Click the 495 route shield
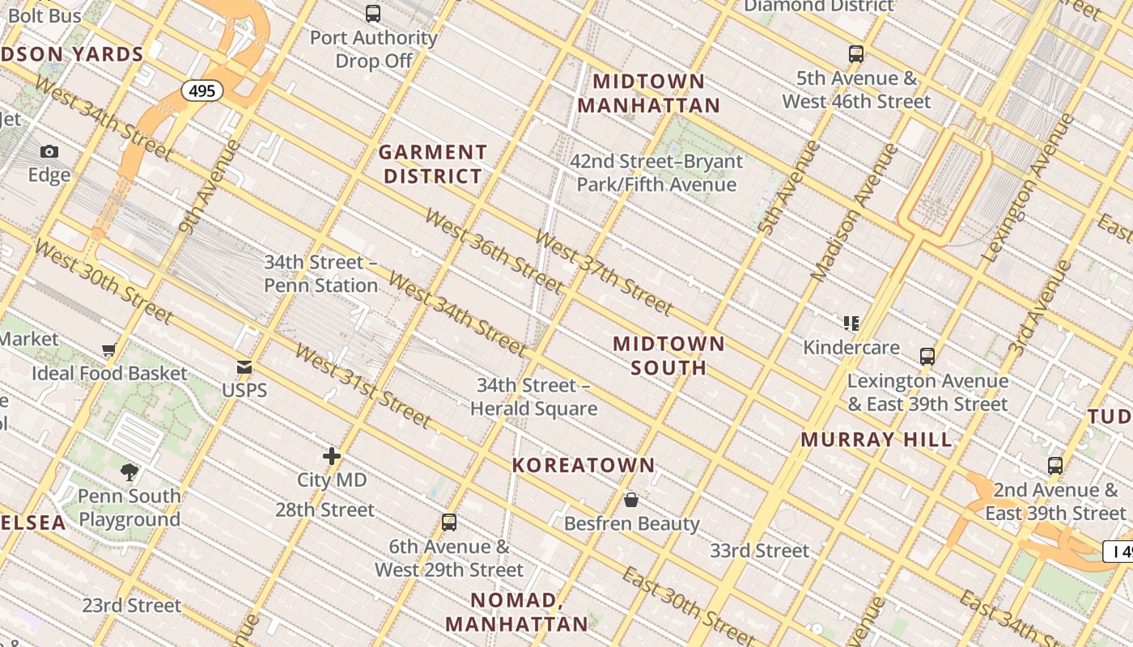click(202, 91)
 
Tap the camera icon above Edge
click(49, 151)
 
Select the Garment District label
click(433, 164)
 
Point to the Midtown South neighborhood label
click(668, 356)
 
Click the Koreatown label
click(583, 465)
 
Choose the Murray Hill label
click(876, 440)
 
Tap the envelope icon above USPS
click(244, 367)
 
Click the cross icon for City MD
click(332, 456)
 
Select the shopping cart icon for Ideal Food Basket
click(109, 349)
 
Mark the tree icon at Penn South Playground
click(129, 472)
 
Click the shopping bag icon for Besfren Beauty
click(631, 500)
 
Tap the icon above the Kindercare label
click(851, 323)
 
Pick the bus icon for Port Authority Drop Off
click(373, 14)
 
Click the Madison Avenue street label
click(855, 213)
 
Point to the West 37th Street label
click(604, 273)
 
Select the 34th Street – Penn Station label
click(321, 274)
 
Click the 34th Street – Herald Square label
click(534, 397)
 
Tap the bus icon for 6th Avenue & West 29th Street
click(449, 522)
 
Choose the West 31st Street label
click(363, 386)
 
